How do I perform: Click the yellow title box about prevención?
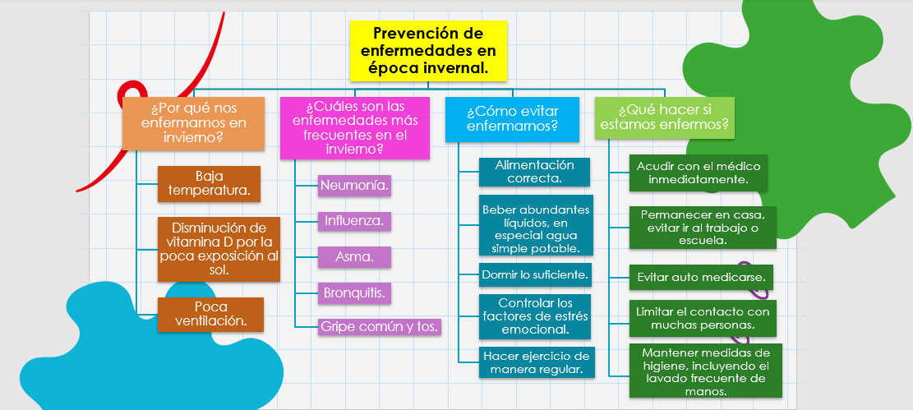tap(428, 51)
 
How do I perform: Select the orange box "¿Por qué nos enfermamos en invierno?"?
tap(193, 123)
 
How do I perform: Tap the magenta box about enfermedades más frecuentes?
tap(355, 128)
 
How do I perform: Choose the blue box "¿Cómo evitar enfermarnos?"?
tap(513, 119)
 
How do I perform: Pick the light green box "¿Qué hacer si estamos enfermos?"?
tap(664, 117)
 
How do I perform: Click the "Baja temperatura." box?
tap(209, 184)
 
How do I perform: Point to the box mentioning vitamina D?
tap(219, 249)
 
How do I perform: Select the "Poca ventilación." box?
tap(210, 315)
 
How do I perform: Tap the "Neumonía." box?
tap(354, 187)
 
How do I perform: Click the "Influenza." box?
tap(354, 221)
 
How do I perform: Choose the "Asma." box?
tap(354, 257)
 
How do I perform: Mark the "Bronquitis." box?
tap(354, 293)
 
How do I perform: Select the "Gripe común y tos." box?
tap(380, 327)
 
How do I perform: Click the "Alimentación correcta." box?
tap(534, 172)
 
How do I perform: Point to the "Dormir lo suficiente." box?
tap(535, 275)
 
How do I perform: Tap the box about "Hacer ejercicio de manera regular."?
tap(535, 362)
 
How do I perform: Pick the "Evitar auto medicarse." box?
tap(701, 277)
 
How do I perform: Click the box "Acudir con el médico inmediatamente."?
tap(699, 173)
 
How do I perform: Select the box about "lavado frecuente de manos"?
tap(705, 371)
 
